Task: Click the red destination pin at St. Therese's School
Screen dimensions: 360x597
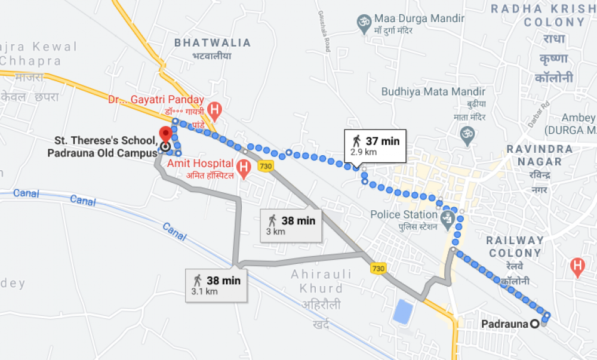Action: click(165, 134)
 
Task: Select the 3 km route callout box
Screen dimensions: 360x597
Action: click(291, 225)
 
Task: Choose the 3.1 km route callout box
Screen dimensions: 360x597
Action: click(216, 285)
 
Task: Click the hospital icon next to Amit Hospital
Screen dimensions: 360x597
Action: click(244, 168)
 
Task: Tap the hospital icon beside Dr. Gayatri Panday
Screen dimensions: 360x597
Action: click(216, 109)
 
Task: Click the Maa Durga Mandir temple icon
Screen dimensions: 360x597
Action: click(361, 23)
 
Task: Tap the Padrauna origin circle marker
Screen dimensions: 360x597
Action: click(535, 324)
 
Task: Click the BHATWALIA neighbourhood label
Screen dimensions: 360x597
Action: click(213, 43)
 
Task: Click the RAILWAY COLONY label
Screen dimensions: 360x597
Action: click(515, 246)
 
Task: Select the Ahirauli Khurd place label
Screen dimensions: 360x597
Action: click(318, 281)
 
